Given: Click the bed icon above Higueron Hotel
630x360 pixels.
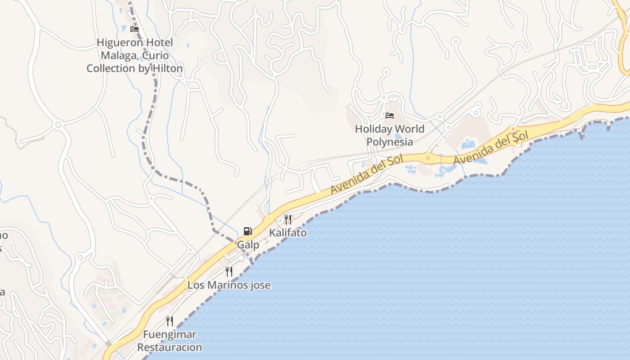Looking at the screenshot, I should click(x=134, y=29).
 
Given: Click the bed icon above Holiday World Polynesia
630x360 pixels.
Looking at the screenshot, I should click(x=390, y=116).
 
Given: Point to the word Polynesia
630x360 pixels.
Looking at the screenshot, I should click(x=390, y=142).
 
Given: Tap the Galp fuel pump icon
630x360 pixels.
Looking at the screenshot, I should click(x=247, y=232).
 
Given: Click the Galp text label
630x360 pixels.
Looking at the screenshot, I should click(x=248, y=245).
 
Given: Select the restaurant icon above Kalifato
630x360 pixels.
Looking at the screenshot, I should click(x=288, y=220).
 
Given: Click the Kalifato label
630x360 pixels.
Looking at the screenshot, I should click(x=288, y=233).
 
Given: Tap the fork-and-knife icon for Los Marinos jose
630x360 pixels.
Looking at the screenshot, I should click(x=229, y=272).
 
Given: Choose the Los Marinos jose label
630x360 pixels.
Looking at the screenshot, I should click(x=229, y=285).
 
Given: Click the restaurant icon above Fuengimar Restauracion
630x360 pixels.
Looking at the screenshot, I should click(x=170, y=321).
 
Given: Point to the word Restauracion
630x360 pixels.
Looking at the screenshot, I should click(x=170, y=347).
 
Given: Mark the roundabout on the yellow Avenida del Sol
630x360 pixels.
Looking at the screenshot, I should click(x=427, y=157).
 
